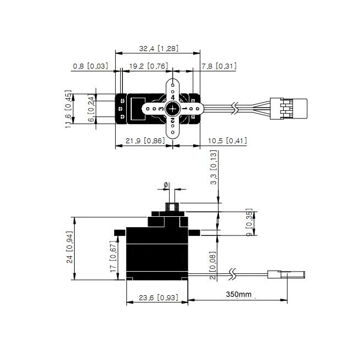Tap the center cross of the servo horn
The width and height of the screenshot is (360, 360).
click(173, 109)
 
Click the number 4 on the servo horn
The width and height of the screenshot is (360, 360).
click(173, 97)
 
